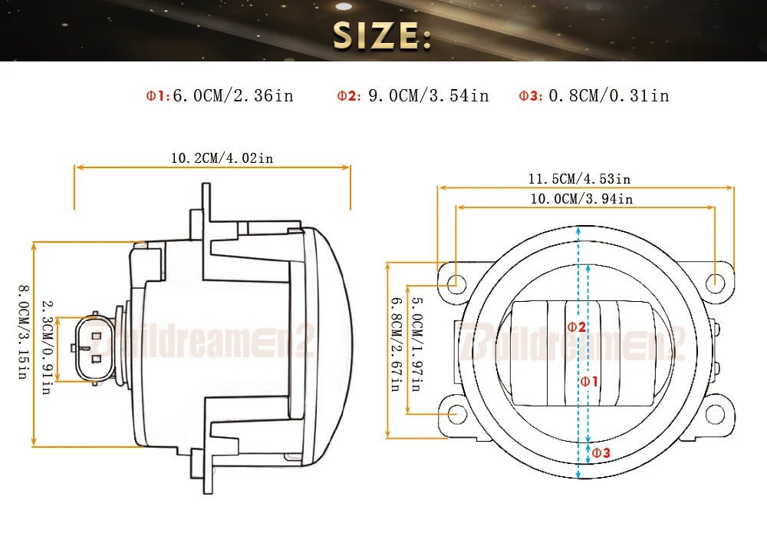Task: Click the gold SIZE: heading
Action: [382, 35]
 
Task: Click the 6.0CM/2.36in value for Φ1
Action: [233, 95]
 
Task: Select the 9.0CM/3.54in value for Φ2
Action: [429, 95]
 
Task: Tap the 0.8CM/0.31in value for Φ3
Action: [609, 95]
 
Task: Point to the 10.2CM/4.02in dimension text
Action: [222, 158]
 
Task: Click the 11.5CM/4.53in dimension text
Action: [580, 179]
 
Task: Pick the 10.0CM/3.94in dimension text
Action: [582, 199]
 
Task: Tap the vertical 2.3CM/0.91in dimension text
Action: [47, 348]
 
